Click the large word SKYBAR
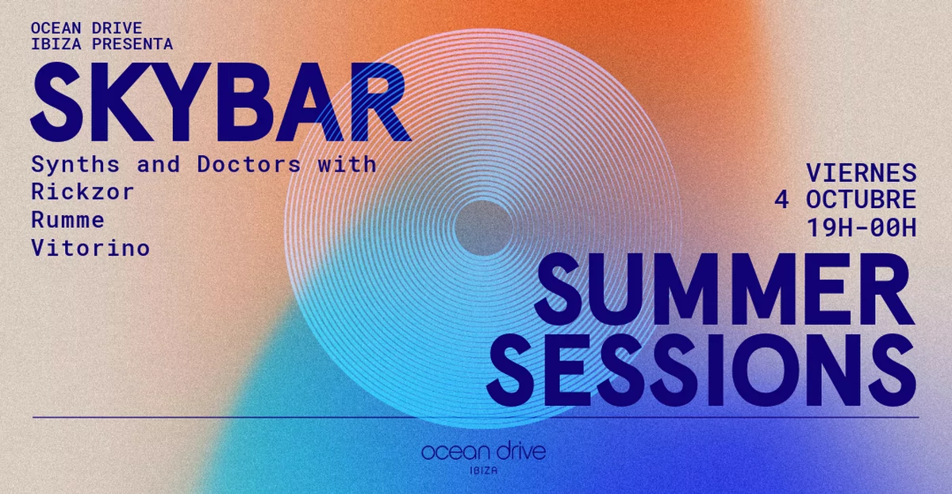(x=221, y=102)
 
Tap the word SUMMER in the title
(x=724, y=290)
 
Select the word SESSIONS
(x=701, y=370)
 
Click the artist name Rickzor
(x=83, y=192)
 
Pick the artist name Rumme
(x=67, y=220)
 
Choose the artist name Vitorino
(x=90, y=248)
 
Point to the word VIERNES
(x=861, y=172)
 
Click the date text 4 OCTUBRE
(x=845, y=199)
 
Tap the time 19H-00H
(x=861, y=227)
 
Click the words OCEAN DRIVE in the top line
(x=86, y=28)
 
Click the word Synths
(x=75, y=164)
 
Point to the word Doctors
(x=249, y=164)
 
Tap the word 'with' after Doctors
(x=347, y=164)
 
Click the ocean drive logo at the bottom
(x=484, y=451)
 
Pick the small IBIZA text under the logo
(x=484, y=471)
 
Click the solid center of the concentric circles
(x=483, y=228)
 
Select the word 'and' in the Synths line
(x=158, y=164)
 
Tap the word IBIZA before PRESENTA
(x=56, y=44)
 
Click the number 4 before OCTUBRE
(x=781, y=199)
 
